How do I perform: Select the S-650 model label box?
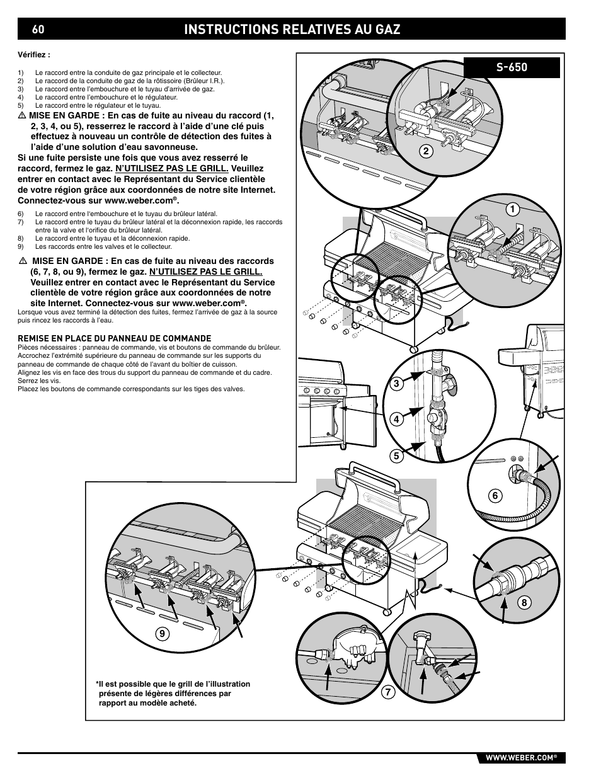[512, 67]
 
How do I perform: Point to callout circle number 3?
[398, 383]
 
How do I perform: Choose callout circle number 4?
[398, 420]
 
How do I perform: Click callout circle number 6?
[495, 496]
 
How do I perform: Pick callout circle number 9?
[163, 635]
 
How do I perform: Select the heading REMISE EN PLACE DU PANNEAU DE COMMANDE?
[114, 338]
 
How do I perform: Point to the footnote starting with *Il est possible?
[173, 693]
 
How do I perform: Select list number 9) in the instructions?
[21, 246]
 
